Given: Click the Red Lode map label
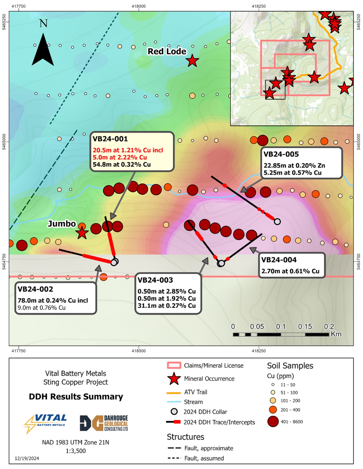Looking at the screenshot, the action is pyautogui.click(x=167, y=51).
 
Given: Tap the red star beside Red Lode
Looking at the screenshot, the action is pyautogui.click(x=192, y=61).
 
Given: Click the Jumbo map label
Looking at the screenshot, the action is pyautogui.click(x=62, y=224).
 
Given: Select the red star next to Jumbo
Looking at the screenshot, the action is pyautogui.click(x=82, y=233).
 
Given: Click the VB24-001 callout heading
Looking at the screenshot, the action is pyautogui.click(x=110, y=139).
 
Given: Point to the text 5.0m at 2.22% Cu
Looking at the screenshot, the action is pyautogui.click(x=120, y=157).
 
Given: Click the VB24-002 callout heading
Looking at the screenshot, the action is pyautogui.click(x=35, y=289).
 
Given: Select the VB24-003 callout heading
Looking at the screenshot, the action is pyautogui.click(x=155, y=280).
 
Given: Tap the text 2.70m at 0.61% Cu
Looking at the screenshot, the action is pyautogui.click(x=290, y=271).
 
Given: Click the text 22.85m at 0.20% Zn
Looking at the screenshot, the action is pyautogui.click(x=294, y=165).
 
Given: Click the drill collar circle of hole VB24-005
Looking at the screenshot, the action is pyautogui.click(x=277, y=222).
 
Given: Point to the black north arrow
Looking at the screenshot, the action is pyautogui.click(x=43, y=50).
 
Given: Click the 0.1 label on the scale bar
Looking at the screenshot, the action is pyautogui.click(x=281, y=327).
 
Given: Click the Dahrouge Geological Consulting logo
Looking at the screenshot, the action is pyautogui.click(x=104, y=423).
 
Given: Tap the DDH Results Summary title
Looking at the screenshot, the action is pyautogui.click(x=76, y=397).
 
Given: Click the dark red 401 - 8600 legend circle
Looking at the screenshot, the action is pyautogui.click(x=273, y=422).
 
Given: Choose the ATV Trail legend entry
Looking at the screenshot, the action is pyautogui.click(x=196, y=392).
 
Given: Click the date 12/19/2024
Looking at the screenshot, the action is pyautogui.click(x=27, y=458).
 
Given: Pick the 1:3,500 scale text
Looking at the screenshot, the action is pyautogui.click(x=75, y=451).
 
